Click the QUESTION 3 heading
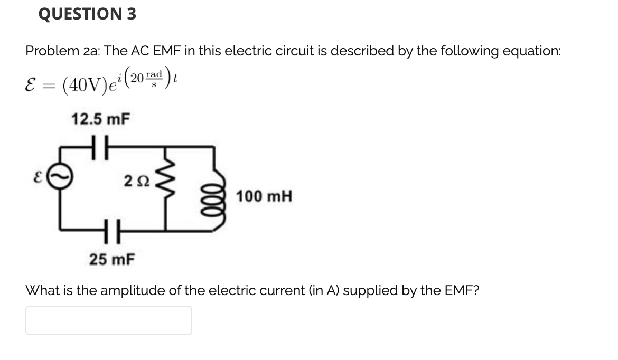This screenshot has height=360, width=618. point(87,14)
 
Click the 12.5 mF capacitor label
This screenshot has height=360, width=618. point(100,119)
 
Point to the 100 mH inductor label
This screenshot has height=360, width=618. point(264,197)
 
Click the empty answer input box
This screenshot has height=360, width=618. point(108,320)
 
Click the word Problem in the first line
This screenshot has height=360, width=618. point(49,51)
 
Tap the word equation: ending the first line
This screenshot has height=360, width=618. point(526,51)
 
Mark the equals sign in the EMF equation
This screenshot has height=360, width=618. point(49,84)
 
